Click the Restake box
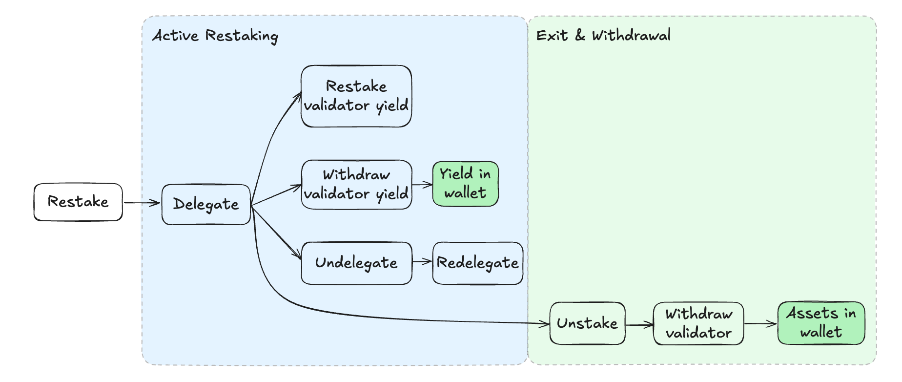tap(78, 202)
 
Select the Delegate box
tap(206, 205)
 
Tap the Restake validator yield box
tap(356, 96)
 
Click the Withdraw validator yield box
tap(356, 185)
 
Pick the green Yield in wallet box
tap(465, 184)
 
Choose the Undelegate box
tap(356, 263)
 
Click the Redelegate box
tap(477, 263)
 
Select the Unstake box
tap(587, 323)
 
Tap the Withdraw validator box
tap(698, 323)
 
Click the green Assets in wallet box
tap(821, 323)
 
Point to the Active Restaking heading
tap(215, 36)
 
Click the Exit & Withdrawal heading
tap(603, 36)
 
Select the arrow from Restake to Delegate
tap(142, 203)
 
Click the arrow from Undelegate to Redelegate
tap(422, 262)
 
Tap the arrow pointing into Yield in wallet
tap(422, 185)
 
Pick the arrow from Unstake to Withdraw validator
tap(639, 324)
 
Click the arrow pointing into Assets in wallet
tap(760, 323)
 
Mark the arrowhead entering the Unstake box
tap(546, 323)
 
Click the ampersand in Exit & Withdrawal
tap(580, 36)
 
